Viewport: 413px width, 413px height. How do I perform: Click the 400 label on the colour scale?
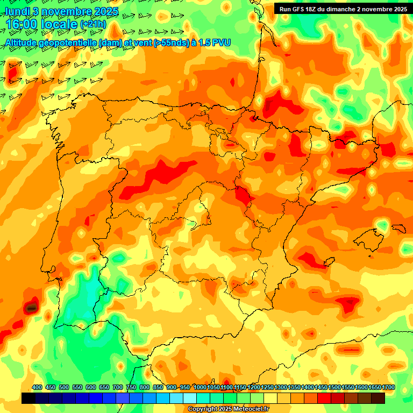click(x=37, y=387)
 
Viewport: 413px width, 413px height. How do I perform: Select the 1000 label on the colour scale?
click(x=200, y=387)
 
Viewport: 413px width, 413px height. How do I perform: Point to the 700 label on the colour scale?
click(x=117, y=387)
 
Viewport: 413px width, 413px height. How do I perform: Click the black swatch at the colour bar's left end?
click(x=29, y=398)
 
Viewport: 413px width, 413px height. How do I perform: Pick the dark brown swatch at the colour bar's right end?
click(x=378, y=398)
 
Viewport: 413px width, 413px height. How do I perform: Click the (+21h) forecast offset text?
click(x=93, y=24)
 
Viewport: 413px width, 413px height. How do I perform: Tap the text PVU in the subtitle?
click(x=222, y=42)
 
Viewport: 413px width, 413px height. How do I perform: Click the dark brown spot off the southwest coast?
click(x=32, y=308)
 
